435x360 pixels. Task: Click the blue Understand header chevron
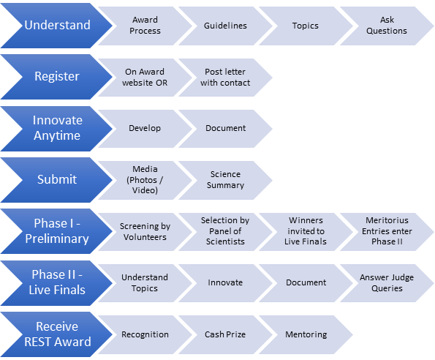point(57,26)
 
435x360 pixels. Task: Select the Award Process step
point(145,26)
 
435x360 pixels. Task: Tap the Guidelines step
point(225,26)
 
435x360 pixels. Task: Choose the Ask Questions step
point(387,26)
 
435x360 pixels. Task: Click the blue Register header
point(57,77)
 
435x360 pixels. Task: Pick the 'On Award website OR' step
point(145,78)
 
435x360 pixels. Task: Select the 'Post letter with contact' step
point(225,78)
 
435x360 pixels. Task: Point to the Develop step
point(145,129)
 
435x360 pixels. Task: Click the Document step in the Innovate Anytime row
point(225,129)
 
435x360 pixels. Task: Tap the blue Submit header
point(57,179)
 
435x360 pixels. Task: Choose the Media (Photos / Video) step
point(145,180)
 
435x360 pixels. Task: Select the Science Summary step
point(225,180)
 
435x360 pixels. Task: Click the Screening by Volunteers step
point(145,232)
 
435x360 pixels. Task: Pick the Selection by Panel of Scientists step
point(225,232)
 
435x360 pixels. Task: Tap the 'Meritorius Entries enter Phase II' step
point(387,232)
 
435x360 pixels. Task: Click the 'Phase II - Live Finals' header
point(57,283)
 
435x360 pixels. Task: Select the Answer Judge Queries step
point(387,283)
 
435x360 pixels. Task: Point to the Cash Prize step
point(225,334)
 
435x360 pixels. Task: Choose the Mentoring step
point(306,334)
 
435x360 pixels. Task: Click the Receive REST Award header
point(57,334)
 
